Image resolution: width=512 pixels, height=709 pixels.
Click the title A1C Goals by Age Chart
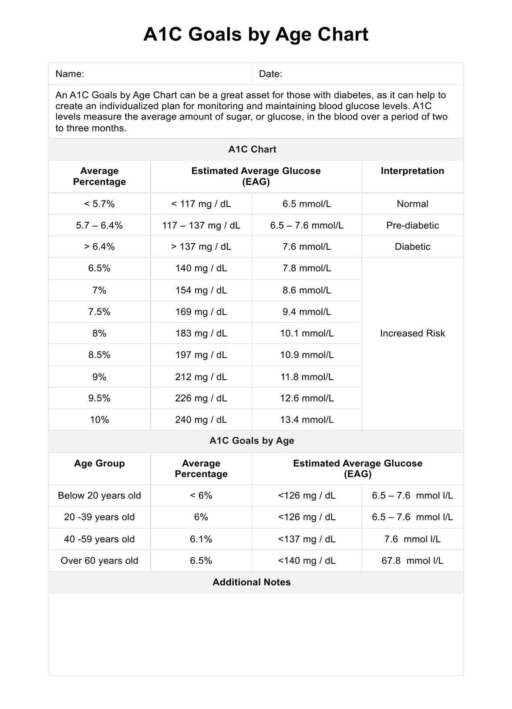click(x=256, y=34)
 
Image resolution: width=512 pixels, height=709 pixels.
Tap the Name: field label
click(x=70, y=74)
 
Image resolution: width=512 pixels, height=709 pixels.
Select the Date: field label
click(x=270, y=74)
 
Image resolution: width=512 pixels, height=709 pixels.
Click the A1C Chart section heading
click(x=252, y=150)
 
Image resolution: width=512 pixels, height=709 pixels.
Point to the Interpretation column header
click(x=412, y=171)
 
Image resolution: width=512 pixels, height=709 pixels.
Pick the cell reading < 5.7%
click(x=99, y=204)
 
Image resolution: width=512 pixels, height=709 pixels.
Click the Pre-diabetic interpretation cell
click(x=412, y=225)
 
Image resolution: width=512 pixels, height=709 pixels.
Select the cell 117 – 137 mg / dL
click(x=201, y=225)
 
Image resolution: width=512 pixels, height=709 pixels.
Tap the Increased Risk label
click(x=412, y=333)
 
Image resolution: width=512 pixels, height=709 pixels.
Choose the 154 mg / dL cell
click(x=201, y=290)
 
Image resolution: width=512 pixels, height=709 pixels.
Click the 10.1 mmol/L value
click(x=307, y=333)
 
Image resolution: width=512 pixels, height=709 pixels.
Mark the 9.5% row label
click(x=99, y=398)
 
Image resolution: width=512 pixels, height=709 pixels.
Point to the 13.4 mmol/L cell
click(x=307, y=420)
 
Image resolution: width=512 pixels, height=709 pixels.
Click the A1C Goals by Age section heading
click(x=252, y=441)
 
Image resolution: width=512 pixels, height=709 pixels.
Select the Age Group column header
click(x=99, y=463)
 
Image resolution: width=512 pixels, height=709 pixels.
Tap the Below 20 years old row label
click(x=99, y=495)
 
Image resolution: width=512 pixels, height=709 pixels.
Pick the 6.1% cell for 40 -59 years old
click(x=201, y=539)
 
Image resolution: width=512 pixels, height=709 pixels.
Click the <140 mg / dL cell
click(x=307, y=561)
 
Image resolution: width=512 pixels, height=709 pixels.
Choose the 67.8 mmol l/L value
click(x=412, y=561)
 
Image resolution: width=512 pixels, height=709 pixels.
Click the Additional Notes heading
click(x=252, y=582)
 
